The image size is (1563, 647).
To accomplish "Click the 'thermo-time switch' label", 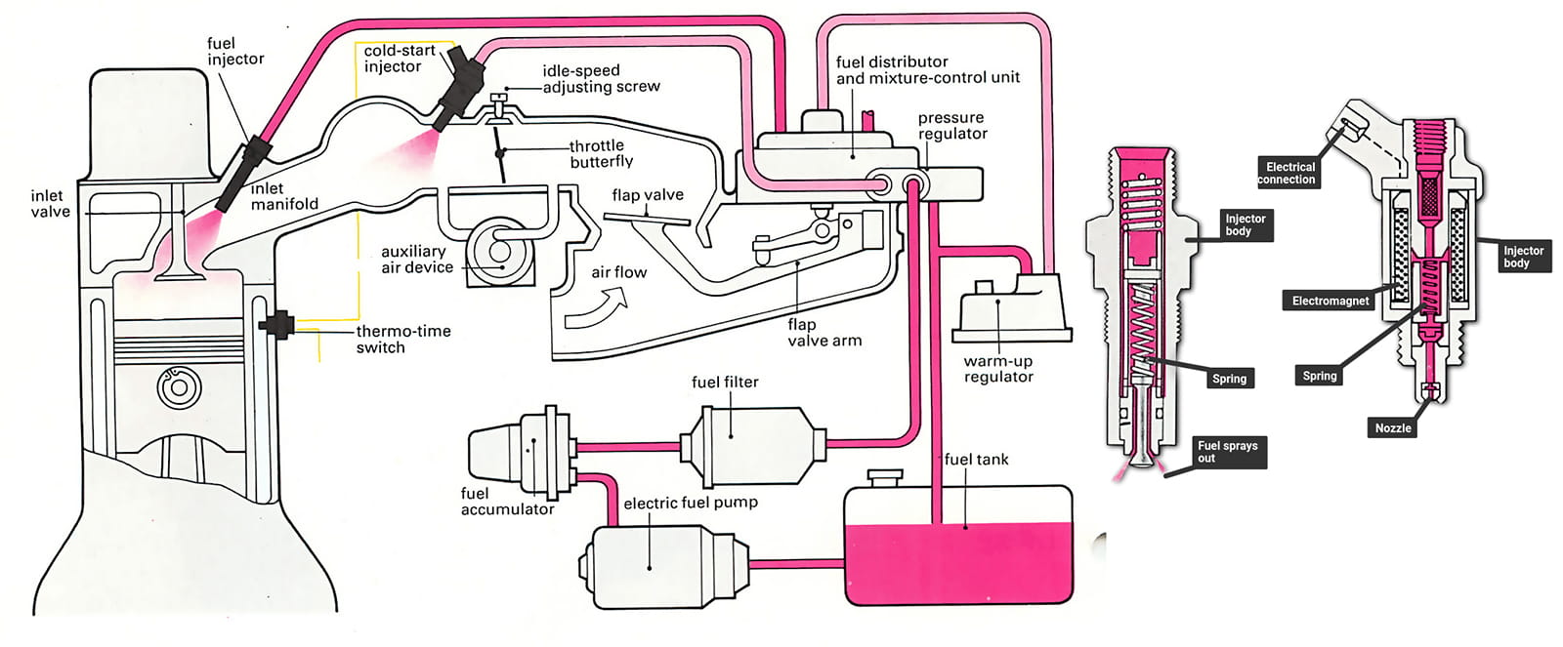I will click(402, 339).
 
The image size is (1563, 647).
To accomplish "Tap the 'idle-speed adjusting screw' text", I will click(601, 78).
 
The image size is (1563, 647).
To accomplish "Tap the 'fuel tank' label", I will click(976, 459).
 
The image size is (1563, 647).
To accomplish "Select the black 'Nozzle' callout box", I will click(1393, 427).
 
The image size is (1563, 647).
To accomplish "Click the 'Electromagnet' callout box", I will click(1331, 301).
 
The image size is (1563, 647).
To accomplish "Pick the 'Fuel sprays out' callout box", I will click(1228, 452).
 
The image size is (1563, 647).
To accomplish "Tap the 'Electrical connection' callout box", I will click(1287, 173).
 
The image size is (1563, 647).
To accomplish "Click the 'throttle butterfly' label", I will click(601, 153).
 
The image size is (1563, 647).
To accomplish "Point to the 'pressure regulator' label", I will click(951, 125).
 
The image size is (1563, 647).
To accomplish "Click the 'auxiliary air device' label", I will click(416, 259).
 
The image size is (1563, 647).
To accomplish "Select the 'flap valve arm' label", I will click(824, 332).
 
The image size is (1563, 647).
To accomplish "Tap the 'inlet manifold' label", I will click(283, 195).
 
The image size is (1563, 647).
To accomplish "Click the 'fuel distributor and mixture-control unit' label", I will click(927, 69).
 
